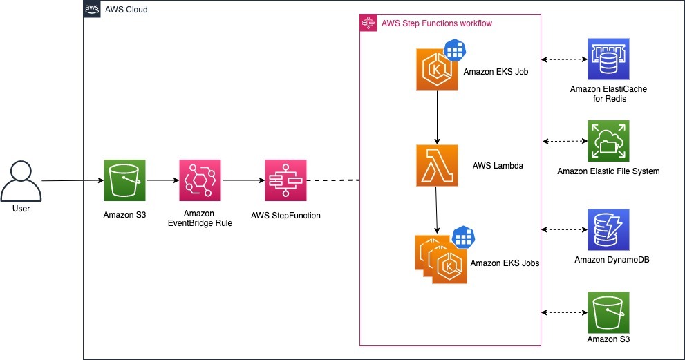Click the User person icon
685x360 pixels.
tap(21, 182)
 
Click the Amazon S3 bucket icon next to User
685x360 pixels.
tap(124, 180)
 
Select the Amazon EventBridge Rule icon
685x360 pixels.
tap(200, 180)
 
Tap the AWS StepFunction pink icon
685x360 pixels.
tap(285, 180)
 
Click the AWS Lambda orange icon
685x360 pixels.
tap(437, 166)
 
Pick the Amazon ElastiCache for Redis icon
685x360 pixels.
tap(608, 59)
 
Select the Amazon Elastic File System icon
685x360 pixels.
tap(608, 141)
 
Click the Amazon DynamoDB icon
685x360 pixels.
tap(608, 229)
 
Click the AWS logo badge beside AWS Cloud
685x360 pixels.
tap(91, 10)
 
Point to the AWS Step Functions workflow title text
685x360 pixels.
tap(437, 23)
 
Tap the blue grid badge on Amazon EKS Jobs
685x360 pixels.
tap(463, 237)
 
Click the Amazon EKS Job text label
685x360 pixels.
tap(496, 71)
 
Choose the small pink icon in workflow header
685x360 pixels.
tap(368, 23)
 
